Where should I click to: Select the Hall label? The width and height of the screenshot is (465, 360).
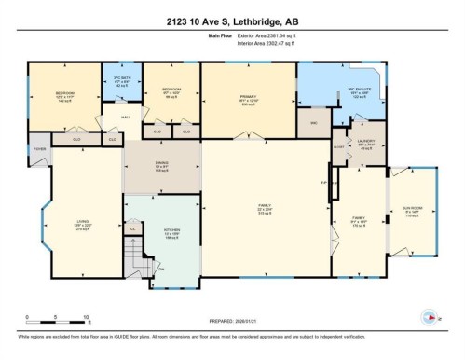(x=123, y=118)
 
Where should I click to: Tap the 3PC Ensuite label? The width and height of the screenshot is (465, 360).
(x=359, y=92)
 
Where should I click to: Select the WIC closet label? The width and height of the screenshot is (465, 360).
(x=314, y=122)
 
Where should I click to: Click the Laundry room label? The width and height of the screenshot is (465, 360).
(x=365, y=145)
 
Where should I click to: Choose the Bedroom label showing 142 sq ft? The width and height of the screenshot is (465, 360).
(x=63, y=95)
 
